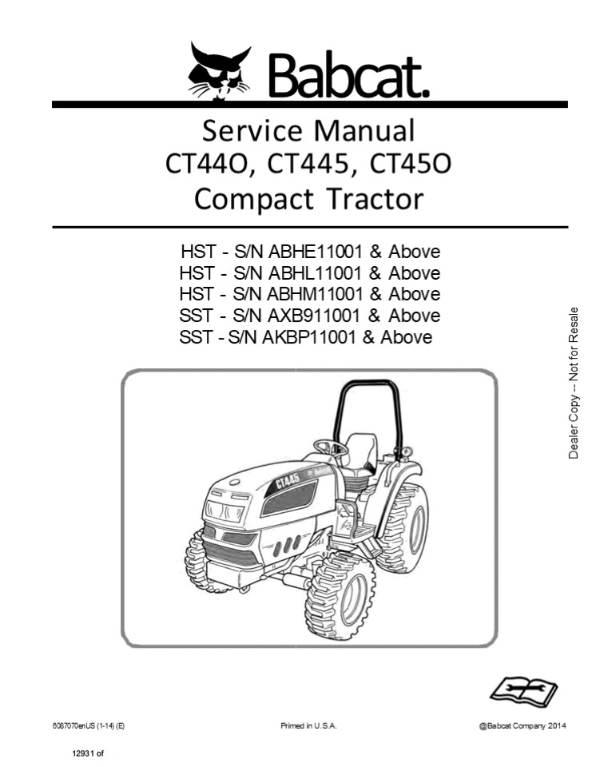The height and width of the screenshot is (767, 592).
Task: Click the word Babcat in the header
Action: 348,73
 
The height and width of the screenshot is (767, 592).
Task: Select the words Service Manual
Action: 308,129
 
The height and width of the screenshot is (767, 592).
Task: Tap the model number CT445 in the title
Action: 308,165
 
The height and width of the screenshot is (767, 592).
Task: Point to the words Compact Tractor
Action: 308,198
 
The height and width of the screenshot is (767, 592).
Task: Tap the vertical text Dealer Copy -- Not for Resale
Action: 574,383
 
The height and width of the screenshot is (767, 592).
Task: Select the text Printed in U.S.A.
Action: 308,725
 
